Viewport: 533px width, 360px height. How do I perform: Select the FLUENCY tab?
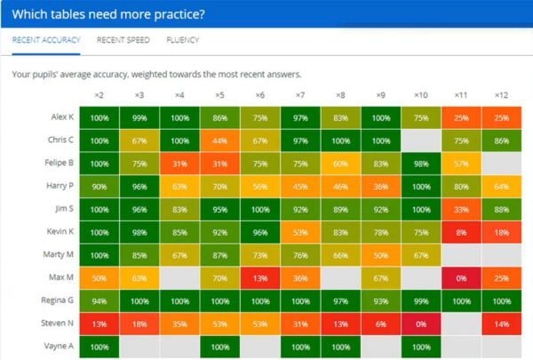coord(182,40)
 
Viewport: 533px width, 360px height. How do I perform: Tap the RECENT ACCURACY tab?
coord(46,40)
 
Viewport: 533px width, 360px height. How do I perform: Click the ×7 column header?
coord(299,94)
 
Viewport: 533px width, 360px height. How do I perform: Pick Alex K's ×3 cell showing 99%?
coord(139,117)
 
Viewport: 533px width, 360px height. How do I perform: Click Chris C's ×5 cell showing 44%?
coord(219,140)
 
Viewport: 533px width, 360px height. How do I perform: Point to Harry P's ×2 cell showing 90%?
coord(99,187)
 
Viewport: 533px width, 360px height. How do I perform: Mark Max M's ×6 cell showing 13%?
coord(259,278)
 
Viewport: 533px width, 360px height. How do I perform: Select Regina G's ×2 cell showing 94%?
coord(99,301)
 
